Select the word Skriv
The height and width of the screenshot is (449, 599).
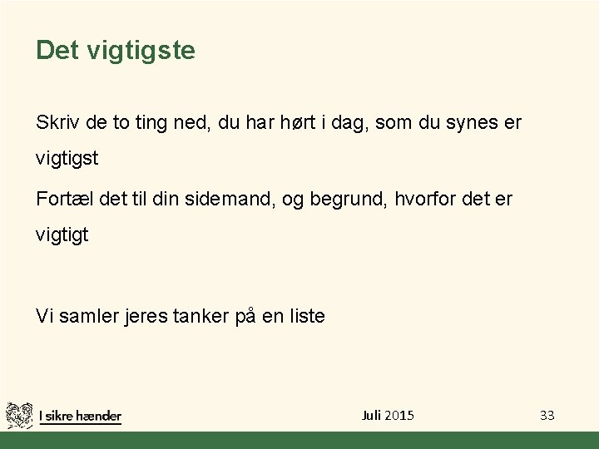[56, 123]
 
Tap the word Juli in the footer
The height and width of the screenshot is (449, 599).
[371, 415]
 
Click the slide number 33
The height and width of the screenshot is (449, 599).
[547, 415]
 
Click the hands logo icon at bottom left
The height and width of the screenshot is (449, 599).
[19, 414]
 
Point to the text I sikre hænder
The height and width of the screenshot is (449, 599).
[81, 416]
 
